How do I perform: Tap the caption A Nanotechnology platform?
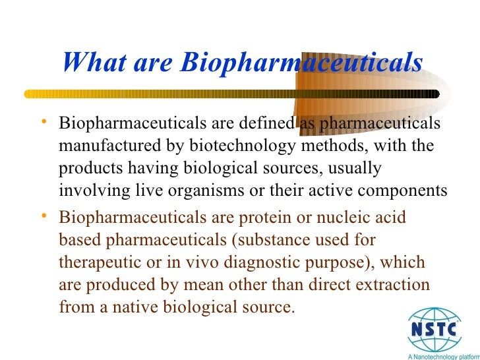[442, 355]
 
